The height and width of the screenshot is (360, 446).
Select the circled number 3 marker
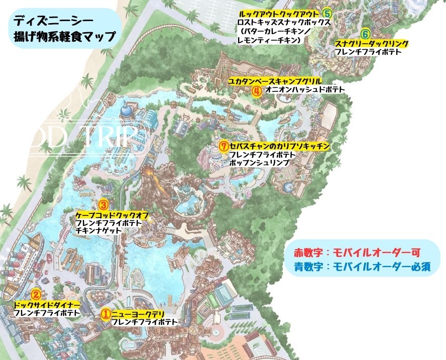click(102, 205)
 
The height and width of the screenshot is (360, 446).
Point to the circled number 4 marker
click(256, 91)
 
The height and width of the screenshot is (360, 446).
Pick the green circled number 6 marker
click(366, 34)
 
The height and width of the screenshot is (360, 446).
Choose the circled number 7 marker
click(224, 146)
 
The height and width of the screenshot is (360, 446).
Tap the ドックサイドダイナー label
click(47, 305)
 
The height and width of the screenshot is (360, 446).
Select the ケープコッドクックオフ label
click(111, 214)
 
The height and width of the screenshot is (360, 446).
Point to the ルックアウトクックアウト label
click(280, 14)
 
